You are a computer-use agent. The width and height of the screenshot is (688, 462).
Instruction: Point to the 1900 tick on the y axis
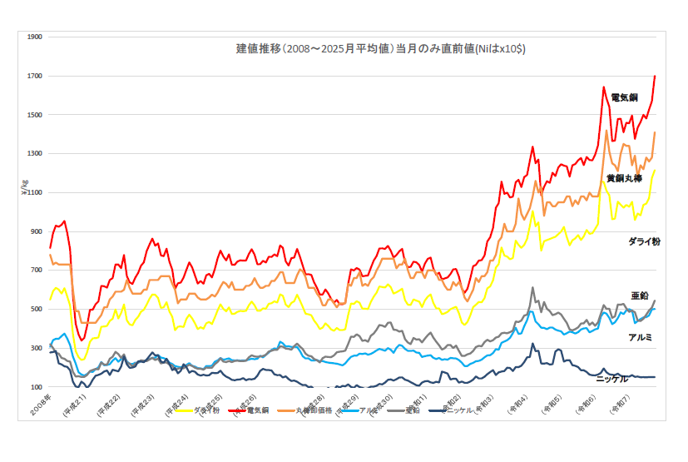(x=35, y=37)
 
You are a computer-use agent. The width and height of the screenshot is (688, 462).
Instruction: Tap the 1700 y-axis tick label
(x=35, y=77)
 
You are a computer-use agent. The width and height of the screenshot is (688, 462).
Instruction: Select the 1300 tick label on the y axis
(x=35, y=154)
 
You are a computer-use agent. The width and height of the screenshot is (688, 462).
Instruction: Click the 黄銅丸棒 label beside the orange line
(x=624, y=178)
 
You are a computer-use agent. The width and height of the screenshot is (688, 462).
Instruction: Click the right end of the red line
(x=655, y=77)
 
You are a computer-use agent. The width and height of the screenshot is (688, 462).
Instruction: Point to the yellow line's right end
(x=655, y=171)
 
